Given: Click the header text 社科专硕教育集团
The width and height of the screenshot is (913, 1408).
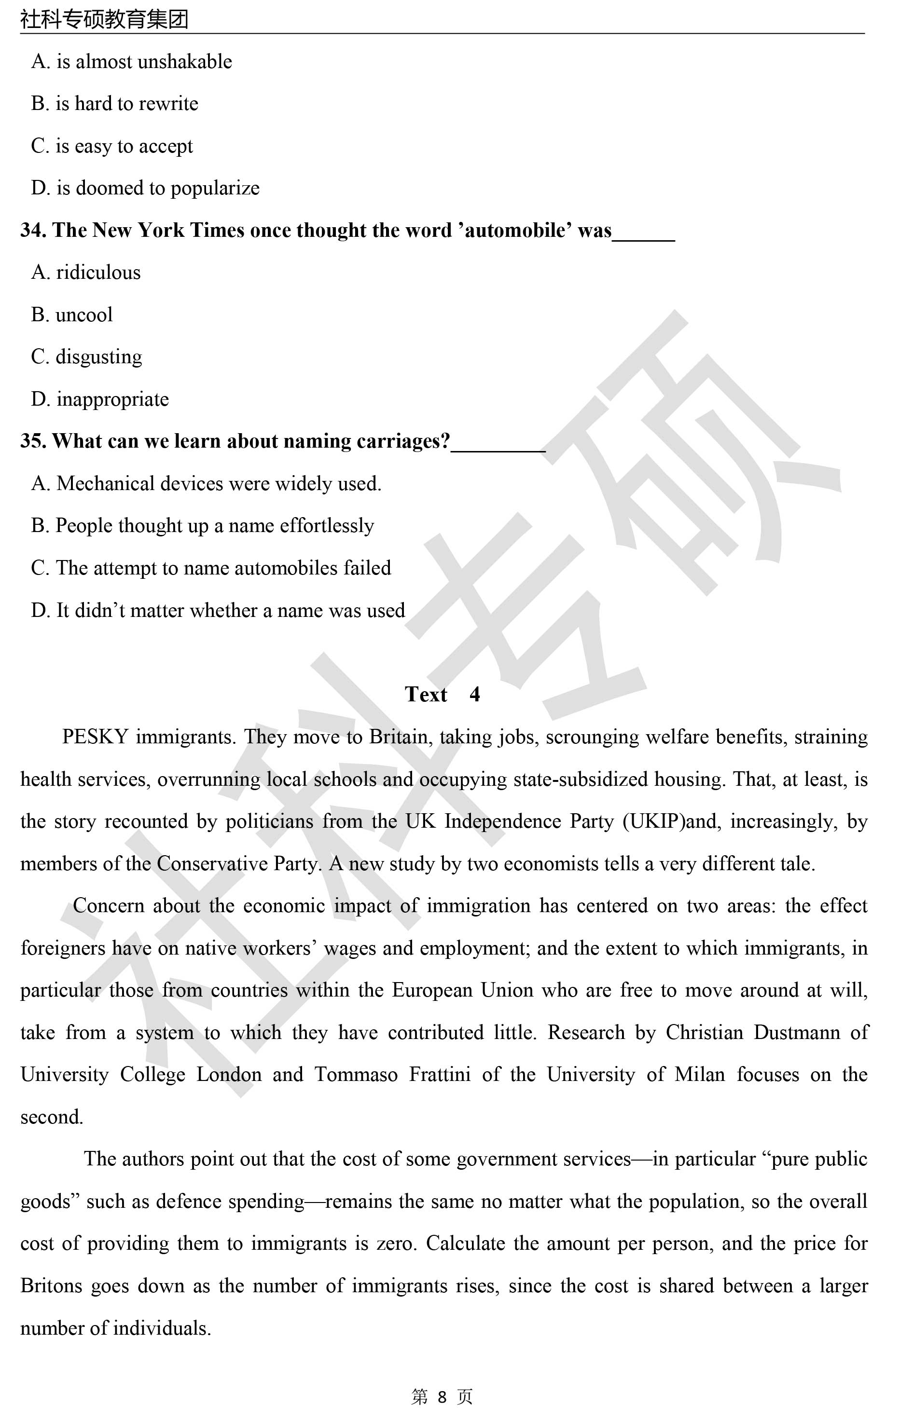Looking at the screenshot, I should pyautogui.click(x=104, y=19).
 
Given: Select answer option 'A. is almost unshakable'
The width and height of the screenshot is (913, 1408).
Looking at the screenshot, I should pyautogui.click(x=131, y=62).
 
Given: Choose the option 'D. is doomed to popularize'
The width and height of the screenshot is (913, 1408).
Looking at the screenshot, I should pyautogui.click(x=145, y=188).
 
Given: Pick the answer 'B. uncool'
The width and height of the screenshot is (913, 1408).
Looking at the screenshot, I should pyautogui.click(x=71, y=314).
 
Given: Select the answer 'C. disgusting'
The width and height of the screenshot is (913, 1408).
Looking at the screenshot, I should pyautogui.click(x=86, y=357).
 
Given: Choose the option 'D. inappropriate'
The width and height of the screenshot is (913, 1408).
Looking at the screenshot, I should pyautogui.click(x=100, y=399).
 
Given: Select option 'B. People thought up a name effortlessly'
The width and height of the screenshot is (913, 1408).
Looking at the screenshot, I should pyautogui.click(x=202, y=526).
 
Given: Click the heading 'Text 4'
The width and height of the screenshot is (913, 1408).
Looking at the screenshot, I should pyautogui.click(x=442, y=694).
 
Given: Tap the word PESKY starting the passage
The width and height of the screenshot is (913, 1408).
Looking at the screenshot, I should pyautogui.click(x=95, y=737).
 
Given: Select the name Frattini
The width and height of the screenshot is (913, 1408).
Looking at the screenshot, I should pyautogui.click(x=440, y=1074).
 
